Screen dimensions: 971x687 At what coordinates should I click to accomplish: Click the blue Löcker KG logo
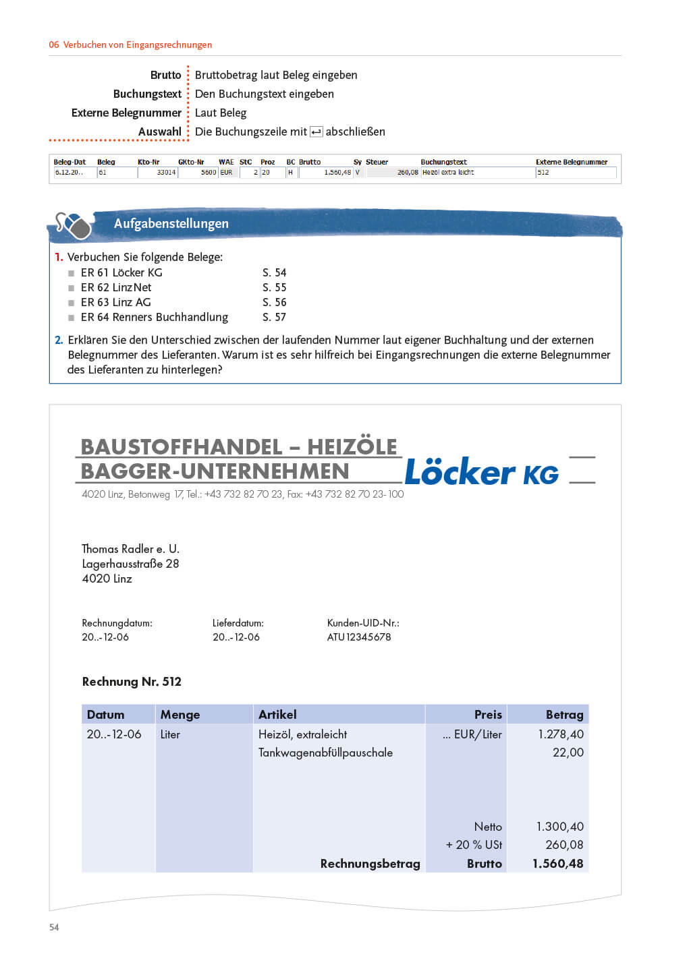pos(481,472)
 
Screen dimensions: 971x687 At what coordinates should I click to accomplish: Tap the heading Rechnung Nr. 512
pos(132,682)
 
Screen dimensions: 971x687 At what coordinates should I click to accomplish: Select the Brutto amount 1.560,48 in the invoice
pos(557,864)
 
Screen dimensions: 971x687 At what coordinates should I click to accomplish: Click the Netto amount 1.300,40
pos(559,827)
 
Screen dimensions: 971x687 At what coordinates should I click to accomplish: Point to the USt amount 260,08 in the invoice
pos(564,845)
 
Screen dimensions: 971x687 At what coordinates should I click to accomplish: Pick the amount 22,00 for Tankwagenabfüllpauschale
pos(568,753)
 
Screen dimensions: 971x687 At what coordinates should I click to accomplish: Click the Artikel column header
pos(277,715)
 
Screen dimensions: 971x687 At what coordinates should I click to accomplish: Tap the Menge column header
pos(180,715)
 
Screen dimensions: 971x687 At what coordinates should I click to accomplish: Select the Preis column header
pos(488,715)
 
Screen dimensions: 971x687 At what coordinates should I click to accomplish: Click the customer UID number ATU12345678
pos(359,637)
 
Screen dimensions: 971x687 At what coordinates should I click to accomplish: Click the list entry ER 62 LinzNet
pos(116,287)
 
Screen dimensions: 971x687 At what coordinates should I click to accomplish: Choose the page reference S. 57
pos(274,317)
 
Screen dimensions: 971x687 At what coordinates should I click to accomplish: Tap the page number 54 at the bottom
pos(54,927)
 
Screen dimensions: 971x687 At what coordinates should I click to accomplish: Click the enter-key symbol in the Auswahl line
pos(316,132)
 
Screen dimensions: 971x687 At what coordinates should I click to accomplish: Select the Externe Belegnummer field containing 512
pos(575,173)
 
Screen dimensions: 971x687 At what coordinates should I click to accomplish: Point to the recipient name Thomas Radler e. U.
pos(130,549)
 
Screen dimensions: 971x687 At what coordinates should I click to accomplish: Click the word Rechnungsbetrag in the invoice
pos(370,864)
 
